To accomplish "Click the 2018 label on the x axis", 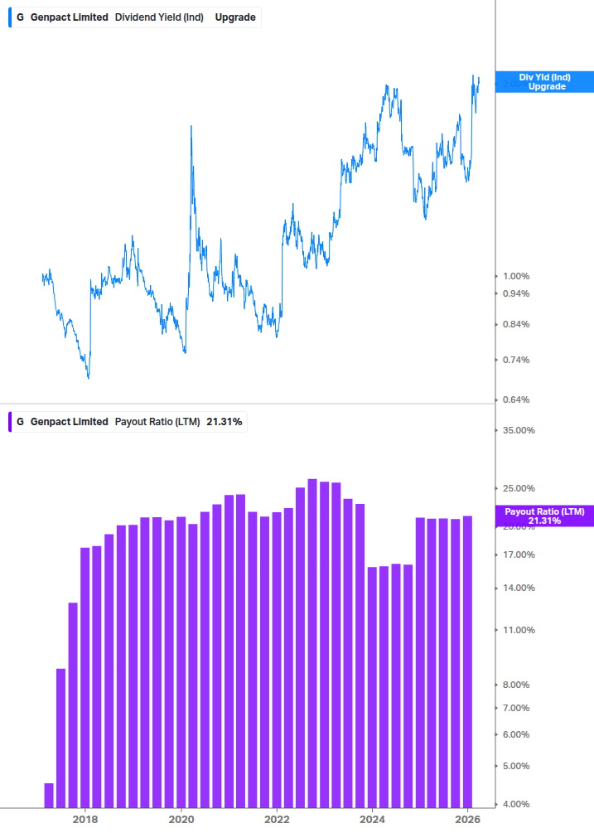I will [x=85, y=820].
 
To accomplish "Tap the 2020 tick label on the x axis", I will [x=181, y=820].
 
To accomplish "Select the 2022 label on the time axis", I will [x=278, y=820].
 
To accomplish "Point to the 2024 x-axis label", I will [x=373, y=820].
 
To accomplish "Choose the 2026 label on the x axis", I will [x=469, y=820].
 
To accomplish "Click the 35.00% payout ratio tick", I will [x=518, y=430].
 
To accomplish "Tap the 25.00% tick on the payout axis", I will [x=518, y=488].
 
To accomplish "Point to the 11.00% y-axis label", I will [x=518, y=630].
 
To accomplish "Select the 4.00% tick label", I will [x=518, y=804].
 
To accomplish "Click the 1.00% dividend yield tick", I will [x=518, y=276].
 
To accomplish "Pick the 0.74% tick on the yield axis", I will [x=518, y=360].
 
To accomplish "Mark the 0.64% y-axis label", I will [x=518, y=400].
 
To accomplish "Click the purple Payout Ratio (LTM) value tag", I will [x=544, y=516].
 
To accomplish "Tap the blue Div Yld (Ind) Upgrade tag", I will [x=544, y=81].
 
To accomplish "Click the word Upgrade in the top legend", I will [x=235, y=17].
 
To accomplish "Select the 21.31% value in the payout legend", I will [x=224, y=422].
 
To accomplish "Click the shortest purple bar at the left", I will [x=49, y=794].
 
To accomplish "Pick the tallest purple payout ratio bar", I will [x=312, y=642].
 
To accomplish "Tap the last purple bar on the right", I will [x=468, y=661].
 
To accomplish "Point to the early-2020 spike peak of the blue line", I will [x=191, y=126].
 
